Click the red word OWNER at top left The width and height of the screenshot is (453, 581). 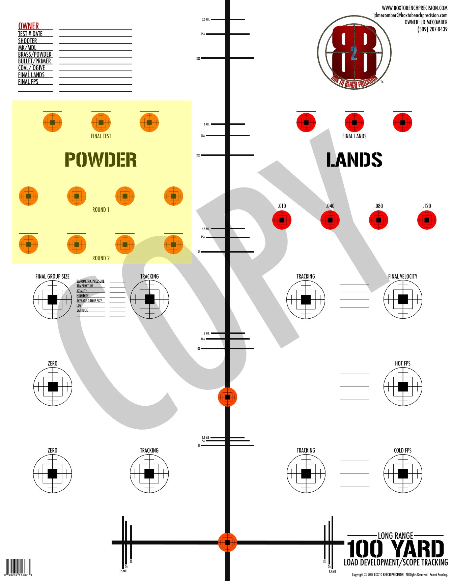tap(28, 26)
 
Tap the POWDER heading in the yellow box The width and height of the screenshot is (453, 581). tap(101, 159)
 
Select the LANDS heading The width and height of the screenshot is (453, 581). tap(354, 160)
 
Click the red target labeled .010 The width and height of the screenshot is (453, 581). tap(282, 220)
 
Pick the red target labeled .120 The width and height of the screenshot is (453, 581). tap(427, 220)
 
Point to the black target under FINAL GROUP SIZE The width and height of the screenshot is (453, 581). tap(52, 299)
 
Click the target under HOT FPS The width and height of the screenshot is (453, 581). tap(403, 386)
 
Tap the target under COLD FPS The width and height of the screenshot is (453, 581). tap(403, 473)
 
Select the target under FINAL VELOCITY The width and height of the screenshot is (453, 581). tap(403, 299)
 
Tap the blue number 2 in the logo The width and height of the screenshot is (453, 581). tap(353, 53)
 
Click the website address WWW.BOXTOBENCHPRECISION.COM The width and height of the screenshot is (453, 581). tap(415, 8)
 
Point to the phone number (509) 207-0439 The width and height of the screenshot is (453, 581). tap(432, 29)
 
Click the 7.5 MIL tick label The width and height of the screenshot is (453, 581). tap(206, 20)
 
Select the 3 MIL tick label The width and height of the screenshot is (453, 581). tap(206, 333)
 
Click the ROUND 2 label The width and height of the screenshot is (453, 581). tap(101, 258)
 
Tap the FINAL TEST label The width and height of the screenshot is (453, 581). tap(101, 136)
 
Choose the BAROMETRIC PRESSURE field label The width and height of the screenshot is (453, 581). tap(90, 281)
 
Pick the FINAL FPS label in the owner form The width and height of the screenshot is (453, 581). tap(28, 82)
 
